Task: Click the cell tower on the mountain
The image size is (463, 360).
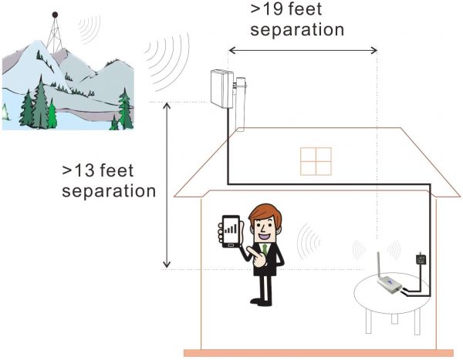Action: click(x=55, y=32)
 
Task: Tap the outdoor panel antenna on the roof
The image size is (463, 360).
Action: click(x=222, y=89)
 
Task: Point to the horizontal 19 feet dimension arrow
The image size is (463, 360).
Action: click(x=303, y=50)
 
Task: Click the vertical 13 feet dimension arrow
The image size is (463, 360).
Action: click(x=167, y=185)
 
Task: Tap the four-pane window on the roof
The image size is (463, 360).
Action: click(x=316, y=161)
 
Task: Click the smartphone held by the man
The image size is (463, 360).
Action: click(x=231, y=231)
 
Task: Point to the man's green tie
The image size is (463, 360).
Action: click(x=265, y=250)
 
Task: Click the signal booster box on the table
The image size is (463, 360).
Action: click(x=390, y=284)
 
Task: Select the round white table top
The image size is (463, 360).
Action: click(x=392, y=293)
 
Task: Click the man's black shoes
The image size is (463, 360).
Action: click(x=261, y=302)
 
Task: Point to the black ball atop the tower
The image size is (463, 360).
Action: click(x=55, y=15)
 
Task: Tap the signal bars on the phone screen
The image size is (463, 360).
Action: click(x=231, y=228)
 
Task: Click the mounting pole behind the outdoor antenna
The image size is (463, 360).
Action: click(x=240, y=104)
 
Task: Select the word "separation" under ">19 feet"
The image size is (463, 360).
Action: click(x=297, y=29)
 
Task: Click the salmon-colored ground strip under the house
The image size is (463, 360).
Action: click(x=318, y=353)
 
